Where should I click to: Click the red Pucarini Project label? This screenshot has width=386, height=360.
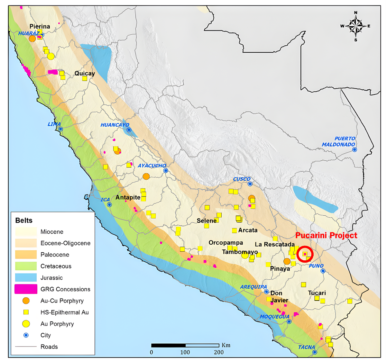point(326,235)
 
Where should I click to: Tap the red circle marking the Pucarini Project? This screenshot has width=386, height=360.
point(305,254)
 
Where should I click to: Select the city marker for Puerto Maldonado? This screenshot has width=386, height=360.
point(354,149)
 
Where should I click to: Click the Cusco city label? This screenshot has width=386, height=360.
point(242,179)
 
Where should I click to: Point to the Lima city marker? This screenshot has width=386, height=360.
point(60,129)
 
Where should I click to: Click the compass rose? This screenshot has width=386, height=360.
point(355,26)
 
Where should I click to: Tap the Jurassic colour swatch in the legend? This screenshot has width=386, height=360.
point(26,278)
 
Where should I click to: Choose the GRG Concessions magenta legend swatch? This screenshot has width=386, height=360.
point(26,289)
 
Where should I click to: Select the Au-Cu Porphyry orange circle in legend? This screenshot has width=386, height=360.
point(26,301)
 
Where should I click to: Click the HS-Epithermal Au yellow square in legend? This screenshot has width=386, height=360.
point(26,312)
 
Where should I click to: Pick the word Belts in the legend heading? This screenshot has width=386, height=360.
point(24,221)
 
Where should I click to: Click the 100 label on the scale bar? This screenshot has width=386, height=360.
point(185,352)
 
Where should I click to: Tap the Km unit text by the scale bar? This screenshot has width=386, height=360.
point(226,345)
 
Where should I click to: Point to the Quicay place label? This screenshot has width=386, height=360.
point(85,73)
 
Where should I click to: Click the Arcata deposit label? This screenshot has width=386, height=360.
point(248,230)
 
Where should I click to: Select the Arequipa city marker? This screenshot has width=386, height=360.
point(266,292)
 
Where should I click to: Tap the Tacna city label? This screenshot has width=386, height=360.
point(306,347)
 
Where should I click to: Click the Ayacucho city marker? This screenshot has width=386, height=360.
point(166,171)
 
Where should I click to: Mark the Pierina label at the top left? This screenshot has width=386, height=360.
point(40,26)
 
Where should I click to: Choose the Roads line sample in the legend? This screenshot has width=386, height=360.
point(26,346)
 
